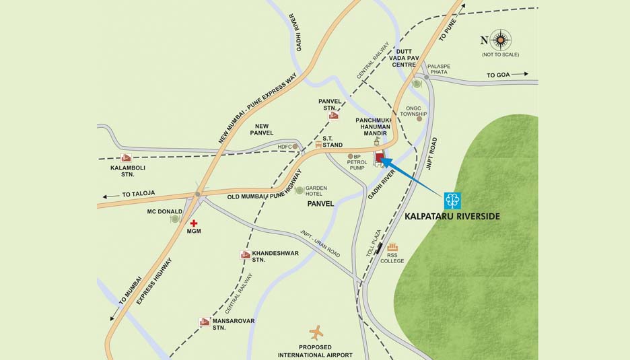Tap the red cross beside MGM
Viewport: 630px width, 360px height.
194,223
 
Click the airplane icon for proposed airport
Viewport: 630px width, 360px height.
316,332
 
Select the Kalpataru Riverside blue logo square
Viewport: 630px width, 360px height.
452,201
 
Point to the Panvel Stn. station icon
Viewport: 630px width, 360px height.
333,116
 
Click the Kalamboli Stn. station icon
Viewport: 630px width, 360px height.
126,158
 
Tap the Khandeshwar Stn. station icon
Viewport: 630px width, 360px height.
245,254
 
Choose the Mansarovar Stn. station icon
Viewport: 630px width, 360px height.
205,322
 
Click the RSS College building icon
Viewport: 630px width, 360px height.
392,247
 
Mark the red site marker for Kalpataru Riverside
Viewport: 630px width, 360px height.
380,159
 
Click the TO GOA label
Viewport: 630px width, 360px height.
499,75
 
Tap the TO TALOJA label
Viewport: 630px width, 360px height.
139,194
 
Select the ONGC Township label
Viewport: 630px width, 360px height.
414,111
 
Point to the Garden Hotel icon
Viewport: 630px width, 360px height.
299,190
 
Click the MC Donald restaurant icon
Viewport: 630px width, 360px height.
175,219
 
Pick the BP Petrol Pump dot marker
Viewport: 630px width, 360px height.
350,156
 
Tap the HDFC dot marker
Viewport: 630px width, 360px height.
295,146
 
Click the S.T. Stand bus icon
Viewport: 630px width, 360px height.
318,145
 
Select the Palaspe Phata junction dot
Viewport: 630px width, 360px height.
426,77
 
